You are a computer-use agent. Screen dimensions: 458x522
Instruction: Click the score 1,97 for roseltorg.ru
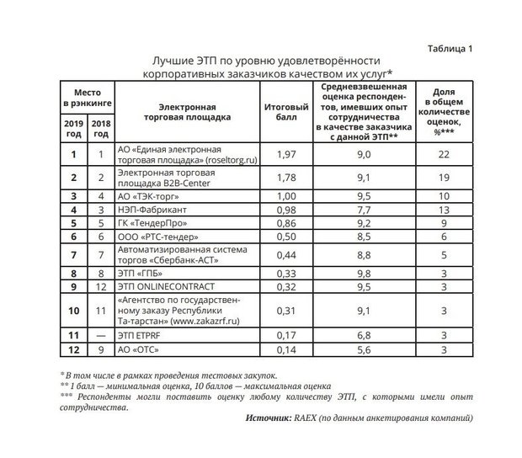[280, 154]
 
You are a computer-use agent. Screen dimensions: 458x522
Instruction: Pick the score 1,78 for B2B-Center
[280, 178]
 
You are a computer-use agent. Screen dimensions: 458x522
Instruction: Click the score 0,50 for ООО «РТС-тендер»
[280, 238]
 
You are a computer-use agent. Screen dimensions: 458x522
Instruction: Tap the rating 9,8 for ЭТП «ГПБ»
[365, 274]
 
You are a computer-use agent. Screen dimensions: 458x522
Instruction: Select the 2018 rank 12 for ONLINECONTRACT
[101, 286]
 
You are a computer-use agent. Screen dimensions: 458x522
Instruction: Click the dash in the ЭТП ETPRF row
[101, 336]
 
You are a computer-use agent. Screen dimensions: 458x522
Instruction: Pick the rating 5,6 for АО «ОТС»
[365, 349]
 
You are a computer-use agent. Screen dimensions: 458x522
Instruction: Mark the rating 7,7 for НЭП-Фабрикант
[365, 210]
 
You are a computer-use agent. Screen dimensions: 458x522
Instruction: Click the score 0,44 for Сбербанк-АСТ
[280, 255]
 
